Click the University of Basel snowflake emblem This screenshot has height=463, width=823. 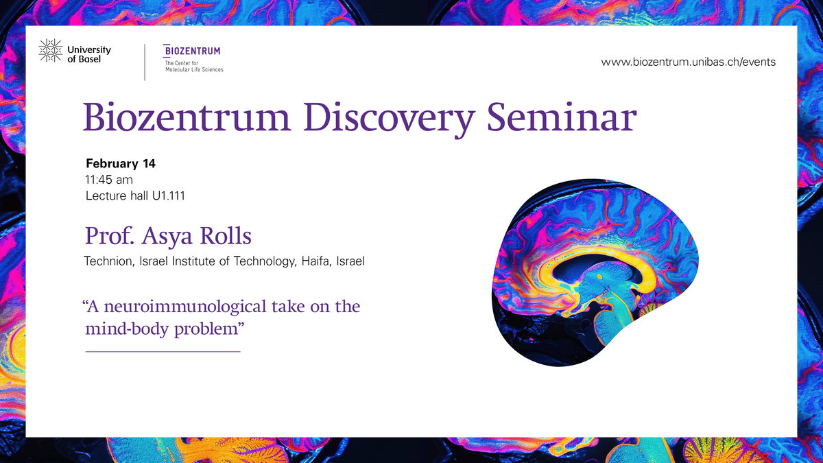(x=51, y=51)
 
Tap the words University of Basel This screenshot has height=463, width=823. (x=89, y=54)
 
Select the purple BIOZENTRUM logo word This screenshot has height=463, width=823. (x=192, y=51)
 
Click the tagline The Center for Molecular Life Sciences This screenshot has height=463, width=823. (x=194, y=67)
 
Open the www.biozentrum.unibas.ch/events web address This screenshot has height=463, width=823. (x=688, y=62)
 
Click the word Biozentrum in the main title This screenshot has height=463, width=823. (x=187, y=117)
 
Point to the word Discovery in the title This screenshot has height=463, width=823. (x=389, y=119)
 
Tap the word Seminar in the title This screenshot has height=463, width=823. (x=562, y=117)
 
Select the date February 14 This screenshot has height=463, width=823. (x=121, y=163)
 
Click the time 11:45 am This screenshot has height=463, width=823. (x=109, y=180)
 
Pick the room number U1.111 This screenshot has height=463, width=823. (x=169, y=196)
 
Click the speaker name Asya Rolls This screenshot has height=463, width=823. (x=197, y=236)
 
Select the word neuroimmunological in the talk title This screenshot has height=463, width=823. (x=185, y=307)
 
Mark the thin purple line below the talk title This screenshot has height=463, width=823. (x=163, y=352)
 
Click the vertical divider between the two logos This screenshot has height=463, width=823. (x=145, y=62)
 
